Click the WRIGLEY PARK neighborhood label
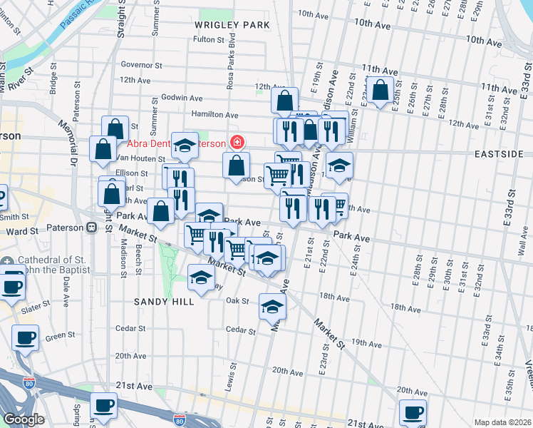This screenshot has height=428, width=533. [232, 25]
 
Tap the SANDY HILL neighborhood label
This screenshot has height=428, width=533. [165, 302]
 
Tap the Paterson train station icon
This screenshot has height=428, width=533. [91, 228]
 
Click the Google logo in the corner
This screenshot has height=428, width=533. [24, 419]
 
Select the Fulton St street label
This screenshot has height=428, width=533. [208, 39]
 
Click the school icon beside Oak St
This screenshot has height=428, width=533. [272, 306]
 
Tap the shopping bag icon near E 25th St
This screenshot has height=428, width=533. [381, 90]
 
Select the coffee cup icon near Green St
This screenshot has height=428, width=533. [25, 337]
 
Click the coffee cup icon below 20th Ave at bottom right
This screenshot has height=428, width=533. [413, 412]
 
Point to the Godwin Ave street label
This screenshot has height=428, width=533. [183, 98]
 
